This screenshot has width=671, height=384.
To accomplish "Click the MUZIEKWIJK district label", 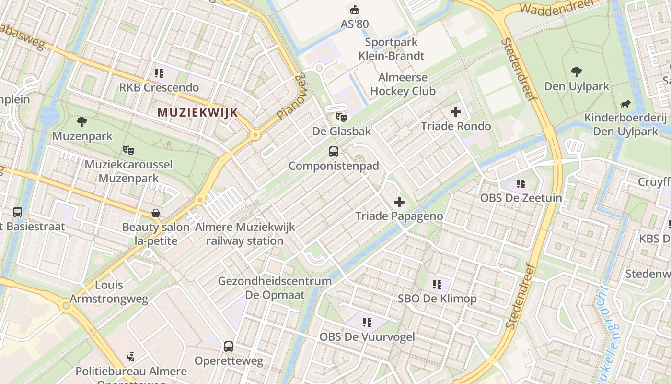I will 197,113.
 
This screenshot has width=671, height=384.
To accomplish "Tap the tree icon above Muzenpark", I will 82,122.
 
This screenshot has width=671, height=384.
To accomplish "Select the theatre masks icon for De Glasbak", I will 341,117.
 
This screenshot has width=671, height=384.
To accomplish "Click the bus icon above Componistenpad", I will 334,152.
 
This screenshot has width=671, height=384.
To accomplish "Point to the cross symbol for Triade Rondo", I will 455,112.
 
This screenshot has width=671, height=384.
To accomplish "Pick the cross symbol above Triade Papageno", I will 399,202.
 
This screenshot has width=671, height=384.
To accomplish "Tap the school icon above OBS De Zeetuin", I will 521,183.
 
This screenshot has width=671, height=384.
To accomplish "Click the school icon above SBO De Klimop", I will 437,285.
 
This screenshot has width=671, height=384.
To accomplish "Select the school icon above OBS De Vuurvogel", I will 367,323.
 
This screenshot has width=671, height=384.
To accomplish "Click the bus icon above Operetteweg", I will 229,347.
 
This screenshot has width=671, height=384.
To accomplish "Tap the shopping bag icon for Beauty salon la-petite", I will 156,213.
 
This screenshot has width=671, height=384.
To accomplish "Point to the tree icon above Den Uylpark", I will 577,72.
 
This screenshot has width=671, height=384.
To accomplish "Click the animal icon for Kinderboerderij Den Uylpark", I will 625,104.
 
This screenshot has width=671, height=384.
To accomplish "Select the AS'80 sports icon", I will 355,10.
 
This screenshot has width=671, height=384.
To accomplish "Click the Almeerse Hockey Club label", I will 403,84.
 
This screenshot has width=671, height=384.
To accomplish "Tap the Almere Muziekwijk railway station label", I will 245,234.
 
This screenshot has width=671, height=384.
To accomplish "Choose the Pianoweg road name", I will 291,96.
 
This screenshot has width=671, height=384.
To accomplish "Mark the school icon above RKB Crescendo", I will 159,73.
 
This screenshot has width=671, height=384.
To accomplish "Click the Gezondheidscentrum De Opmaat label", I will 275,288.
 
